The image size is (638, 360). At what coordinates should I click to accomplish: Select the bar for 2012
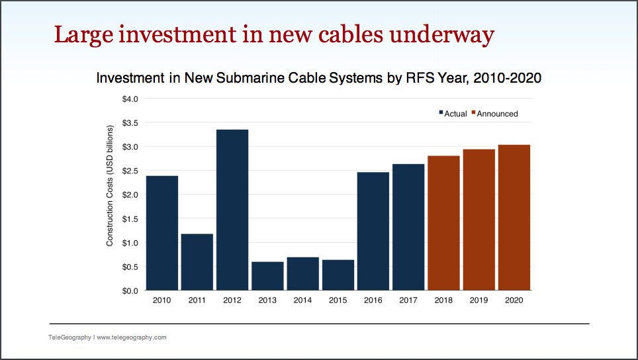click(232, 210)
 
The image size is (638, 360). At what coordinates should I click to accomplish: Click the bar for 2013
click(267, 276)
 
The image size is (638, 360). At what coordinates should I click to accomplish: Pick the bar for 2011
click(197, 262)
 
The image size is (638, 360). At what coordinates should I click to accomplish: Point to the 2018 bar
click(444, 223)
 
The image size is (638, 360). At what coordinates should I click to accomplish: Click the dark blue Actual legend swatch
click(441, 114)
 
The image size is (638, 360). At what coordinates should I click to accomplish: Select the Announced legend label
click(497, 114)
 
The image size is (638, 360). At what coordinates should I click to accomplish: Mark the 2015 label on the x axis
click(338, 300)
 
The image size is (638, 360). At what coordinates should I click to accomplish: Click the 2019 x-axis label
click(479, 300)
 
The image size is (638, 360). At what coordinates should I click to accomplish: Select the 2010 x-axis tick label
click(161, 300)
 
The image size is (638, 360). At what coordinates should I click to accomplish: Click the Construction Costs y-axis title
click(111, 195)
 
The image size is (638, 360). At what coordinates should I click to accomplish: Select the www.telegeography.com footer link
click(132, 337)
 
